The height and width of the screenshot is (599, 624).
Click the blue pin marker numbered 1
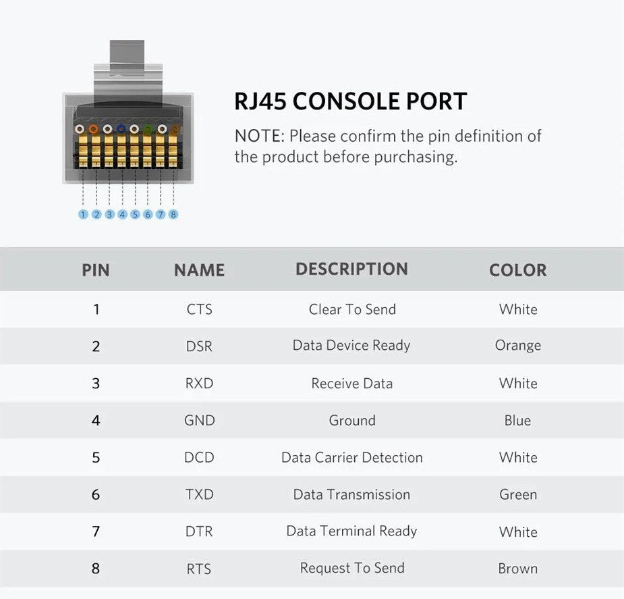(83, 214)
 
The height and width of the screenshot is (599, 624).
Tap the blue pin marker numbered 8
(173, 214)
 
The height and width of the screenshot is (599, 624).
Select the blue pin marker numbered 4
(122, 214)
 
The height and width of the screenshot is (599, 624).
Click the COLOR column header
(517, 270)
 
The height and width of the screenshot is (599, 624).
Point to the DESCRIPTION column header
(351, 269)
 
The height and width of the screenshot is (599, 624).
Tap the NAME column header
(200, 270)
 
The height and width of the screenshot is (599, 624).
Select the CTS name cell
(200, 309)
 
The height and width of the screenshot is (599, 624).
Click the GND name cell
(200, 420)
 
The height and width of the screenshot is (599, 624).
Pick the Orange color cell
(517, 345)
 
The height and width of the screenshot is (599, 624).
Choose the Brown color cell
(517, 569)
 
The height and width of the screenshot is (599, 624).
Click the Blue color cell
(517, 420)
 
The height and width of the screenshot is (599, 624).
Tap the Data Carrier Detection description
(351, 457)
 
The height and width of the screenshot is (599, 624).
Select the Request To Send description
(351, 567)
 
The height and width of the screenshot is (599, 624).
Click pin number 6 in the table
(96, 494)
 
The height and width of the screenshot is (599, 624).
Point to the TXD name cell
(200, 494)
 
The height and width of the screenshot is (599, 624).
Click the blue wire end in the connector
(121, 128)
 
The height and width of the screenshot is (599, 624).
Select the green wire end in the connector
(148, 129)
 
